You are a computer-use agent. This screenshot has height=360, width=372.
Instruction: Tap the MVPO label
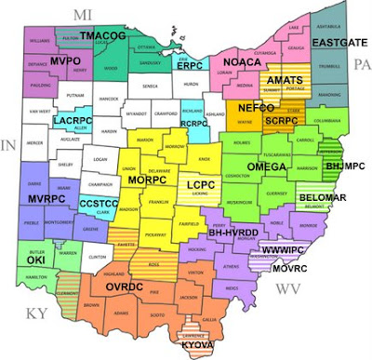click(66, 60)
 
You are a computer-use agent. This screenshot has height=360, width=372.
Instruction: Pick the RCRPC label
click(193, 123)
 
